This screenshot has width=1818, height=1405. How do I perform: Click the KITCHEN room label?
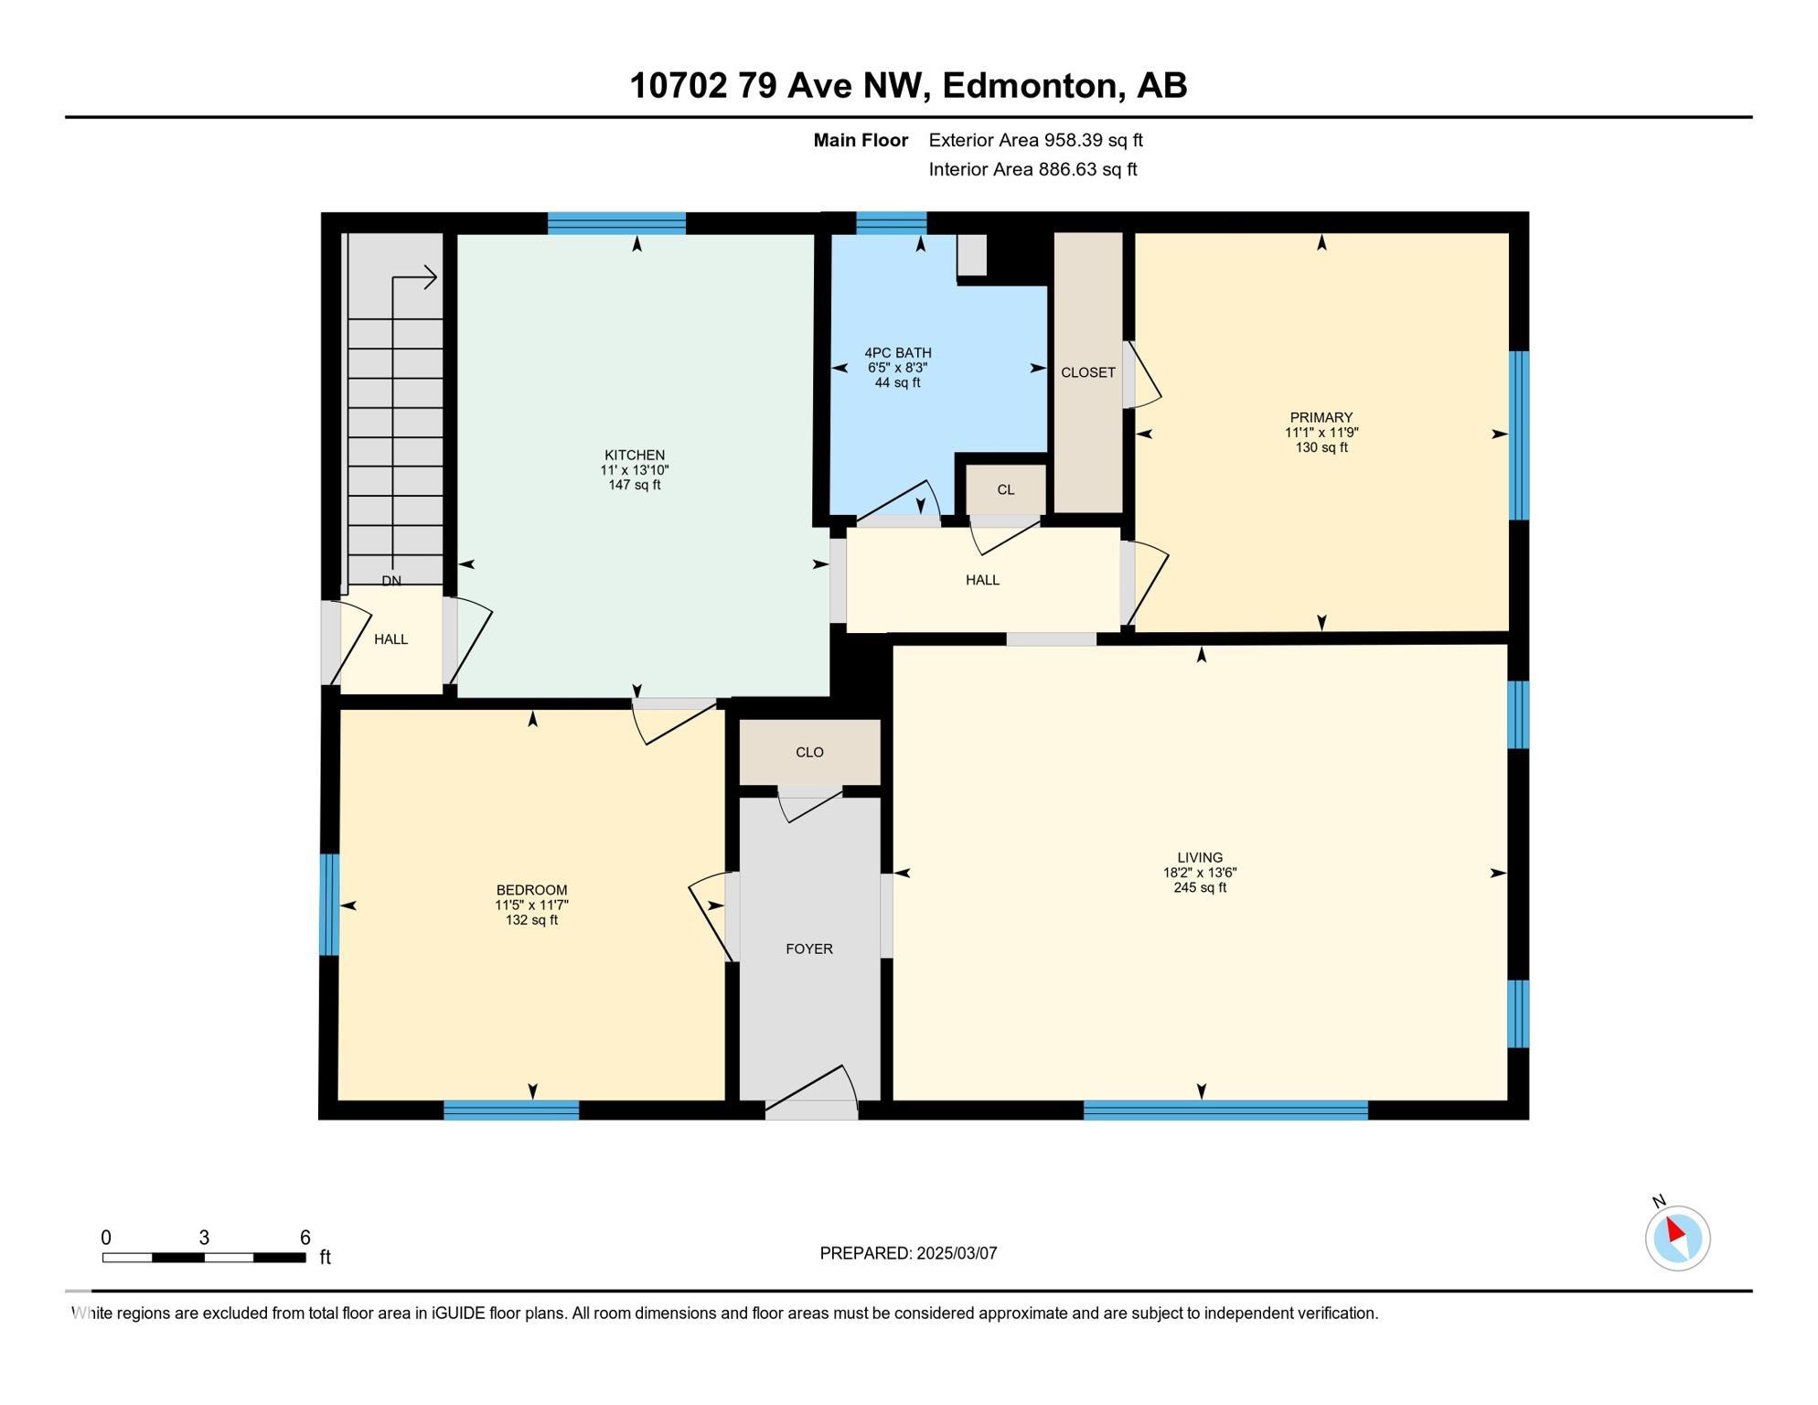[635, 455]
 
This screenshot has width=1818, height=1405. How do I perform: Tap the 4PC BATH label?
[898, 352]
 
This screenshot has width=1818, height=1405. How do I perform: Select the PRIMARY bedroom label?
[1321, 417]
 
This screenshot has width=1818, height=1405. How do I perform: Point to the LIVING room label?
[1200, 857]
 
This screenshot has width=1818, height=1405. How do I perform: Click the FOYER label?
[809, 949]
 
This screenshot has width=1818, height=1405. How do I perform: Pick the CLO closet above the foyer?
[809, 752]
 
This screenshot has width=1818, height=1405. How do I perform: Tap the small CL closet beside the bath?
[1006, 489]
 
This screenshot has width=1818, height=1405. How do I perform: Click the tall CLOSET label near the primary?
[1088, 372]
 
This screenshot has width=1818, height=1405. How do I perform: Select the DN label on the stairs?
[391, 581]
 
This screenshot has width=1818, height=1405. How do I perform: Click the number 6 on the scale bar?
[305, 1237]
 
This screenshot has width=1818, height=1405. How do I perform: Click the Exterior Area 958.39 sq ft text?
[1036, 140]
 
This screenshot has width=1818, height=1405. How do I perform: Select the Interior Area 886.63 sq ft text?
[1033, 169]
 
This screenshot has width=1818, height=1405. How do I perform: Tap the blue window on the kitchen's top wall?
[616, 223]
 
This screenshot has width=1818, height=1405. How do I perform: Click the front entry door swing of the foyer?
[812, 1092]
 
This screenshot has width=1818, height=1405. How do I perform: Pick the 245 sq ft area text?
[1200, 887]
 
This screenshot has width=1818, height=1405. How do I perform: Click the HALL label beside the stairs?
[390, 639]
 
